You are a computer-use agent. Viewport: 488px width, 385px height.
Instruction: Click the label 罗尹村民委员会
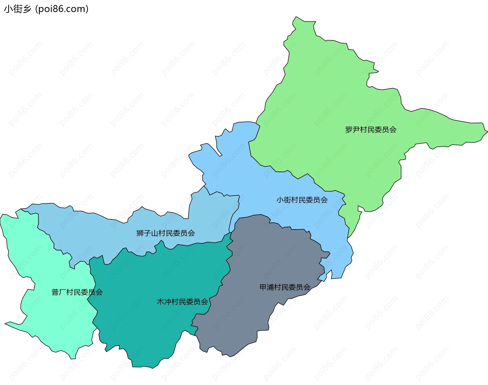(x=371, y=130)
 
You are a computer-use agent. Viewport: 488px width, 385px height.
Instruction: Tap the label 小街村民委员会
(x=302, y=200)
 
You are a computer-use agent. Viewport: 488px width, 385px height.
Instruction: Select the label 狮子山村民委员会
(x=165, y=233)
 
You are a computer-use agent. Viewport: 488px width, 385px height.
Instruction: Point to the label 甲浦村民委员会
(x=285, y=287)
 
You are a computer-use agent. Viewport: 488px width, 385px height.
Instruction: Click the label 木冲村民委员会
(x=182, y=302)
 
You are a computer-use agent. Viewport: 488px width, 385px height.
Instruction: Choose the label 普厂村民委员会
(x=77, y=292)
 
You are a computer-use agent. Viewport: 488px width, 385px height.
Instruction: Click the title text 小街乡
(x=18, y=9)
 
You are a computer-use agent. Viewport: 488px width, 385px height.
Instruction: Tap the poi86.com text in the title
(x=62, y=9)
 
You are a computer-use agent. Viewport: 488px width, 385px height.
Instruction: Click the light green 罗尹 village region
(x=343, y=102)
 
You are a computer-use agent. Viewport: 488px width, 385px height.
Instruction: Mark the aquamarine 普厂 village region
(x=51, y=318)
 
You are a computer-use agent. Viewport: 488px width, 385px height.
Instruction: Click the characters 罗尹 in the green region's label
(x=352, y=130)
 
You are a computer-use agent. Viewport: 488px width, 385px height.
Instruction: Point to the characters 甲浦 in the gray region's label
(x=267, y=287)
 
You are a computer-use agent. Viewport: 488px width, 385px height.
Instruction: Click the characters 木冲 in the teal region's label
(x=164, y=302)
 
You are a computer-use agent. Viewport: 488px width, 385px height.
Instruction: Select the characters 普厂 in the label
(x=59, y=292)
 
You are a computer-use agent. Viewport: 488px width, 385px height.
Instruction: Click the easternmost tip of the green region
(x=487, y=131)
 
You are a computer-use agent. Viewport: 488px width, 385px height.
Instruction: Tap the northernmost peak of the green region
(x=296, y=17)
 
